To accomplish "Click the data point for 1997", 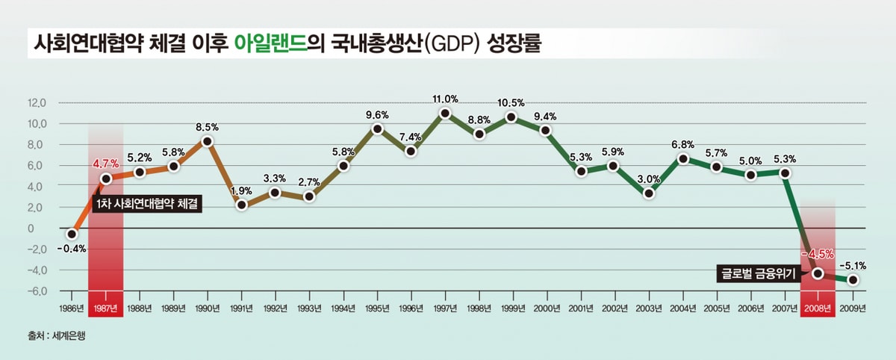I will click(445, 114).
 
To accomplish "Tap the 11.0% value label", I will click(445, 99).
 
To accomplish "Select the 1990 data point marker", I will click(208, 142).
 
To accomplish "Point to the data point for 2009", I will click(853, 280).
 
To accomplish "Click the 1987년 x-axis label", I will click(105, 308).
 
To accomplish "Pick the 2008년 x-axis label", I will click(818, 308).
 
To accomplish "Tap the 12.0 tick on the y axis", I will click(37, 103).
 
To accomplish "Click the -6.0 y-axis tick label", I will click(37, 291).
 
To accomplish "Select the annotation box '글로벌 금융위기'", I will click(756, 273).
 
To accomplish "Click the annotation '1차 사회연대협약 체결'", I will click(147, 202).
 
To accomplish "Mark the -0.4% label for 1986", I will click(72, 249).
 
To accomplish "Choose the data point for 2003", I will click(649, 193).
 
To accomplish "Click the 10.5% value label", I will click(511, 102).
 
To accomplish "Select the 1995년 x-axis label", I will click(377, 308).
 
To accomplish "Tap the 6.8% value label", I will click(683, 144).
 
